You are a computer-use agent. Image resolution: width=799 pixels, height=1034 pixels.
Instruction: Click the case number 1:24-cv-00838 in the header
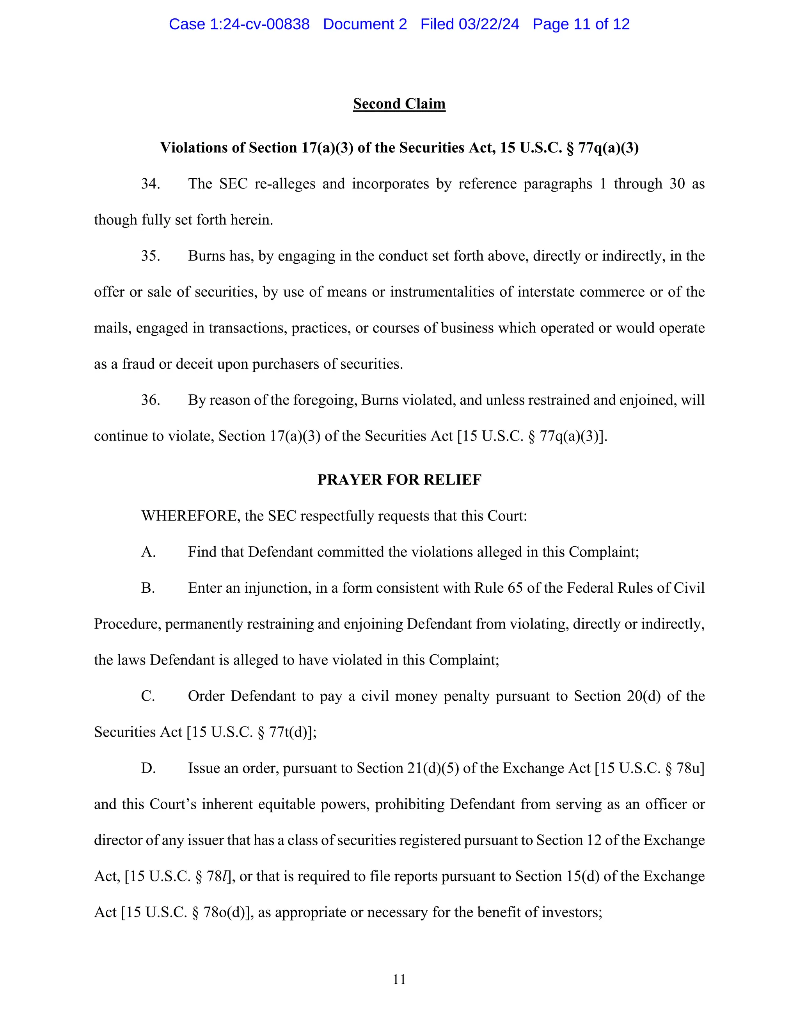click(x=259, y=24)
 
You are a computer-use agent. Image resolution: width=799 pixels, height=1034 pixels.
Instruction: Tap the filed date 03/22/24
click(x=488, y=24)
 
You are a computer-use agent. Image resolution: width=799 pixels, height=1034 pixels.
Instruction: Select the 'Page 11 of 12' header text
click(x=581, y=24)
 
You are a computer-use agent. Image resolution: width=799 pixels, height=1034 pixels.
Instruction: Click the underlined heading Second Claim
click(x=399, y=104)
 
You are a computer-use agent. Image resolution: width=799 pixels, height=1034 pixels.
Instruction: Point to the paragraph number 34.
click(x=150, y=184)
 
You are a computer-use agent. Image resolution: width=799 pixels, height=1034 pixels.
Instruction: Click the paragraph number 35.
click(x=150, y=256)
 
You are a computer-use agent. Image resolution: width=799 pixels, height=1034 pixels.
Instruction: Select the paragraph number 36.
click(x=150, y=400)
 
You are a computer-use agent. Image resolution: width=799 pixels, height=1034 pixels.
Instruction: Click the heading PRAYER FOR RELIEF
click(x=399, y=480)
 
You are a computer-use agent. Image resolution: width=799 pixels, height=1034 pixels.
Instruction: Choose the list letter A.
click(x=148, y=552)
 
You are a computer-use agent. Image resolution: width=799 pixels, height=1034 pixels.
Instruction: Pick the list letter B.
click(x=148, y=588)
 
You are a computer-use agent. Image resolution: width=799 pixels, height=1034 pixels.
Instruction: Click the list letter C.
click(x=148, y=696)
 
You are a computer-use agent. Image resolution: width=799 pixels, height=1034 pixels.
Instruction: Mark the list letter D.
click(x=148, y=768)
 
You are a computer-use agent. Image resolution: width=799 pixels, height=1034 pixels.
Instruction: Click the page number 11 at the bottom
click(x=399, y=979)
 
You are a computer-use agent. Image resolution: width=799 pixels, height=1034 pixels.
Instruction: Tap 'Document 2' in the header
click(x=364, y=24)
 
